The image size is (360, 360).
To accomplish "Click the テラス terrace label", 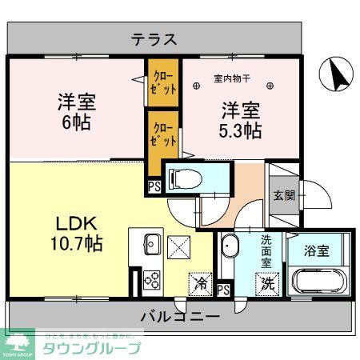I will pos(154,38).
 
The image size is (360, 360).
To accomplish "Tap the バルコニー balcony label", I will pos(180,317).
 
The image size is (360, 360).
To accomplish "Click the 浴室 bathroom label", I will pos(318,250).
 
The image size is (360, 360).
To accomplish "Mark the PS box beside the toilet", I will pos(153,187).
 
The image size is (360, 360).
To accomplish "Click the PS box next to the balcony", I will pos(223,290).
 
